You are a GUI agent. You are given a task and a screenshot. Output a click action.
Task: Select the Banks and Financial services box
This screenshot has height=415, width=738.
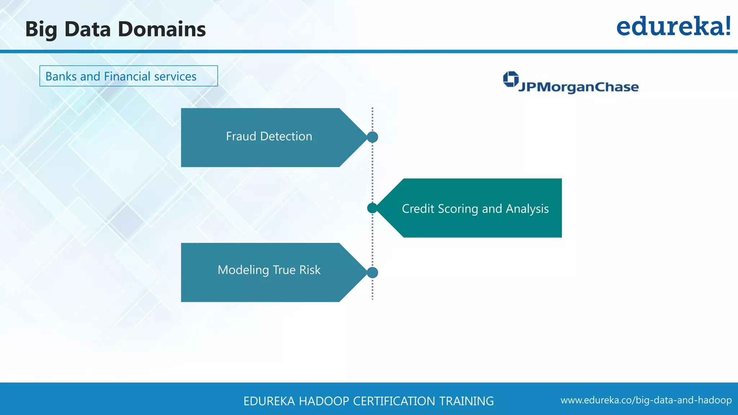[128, 76]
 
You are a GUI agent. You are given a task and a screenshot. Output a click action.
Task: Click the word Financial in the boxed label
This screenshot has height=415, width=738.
[127, 76]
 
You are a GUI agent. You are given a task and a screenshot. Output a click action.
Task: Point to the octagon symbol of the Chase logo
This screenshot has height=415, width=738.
[511, 79]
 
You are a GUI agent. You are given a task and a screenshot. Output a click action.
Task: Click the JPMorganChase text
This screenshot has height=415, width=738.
[578, 87]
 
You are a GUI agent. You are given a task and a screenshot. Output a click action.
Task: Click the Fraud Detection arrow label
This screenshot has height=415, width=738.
[269, 137]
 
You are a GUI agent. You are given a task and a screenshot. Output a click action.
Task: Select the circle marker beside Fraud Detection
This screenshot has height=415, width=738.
[372, 137]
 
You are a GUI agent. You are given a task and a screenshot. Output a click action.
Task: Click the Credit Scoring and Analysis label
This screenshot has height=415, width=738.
[475, 209]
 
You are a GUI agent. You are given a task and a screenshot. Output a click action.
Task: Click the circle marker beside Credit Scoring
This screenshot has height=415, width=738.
[372, 208]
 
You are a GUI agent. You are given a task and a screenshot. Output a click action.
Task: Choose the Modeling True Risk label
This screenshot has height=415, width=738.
[269, 270]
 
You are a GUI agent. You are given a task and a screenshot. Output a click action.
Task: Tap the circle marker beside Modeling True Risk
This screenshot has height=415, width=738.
[372, 272]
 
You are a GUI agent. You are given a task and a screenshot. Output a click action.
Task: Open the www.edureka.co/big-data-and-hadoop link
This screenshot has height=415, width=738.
[646, 400]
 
